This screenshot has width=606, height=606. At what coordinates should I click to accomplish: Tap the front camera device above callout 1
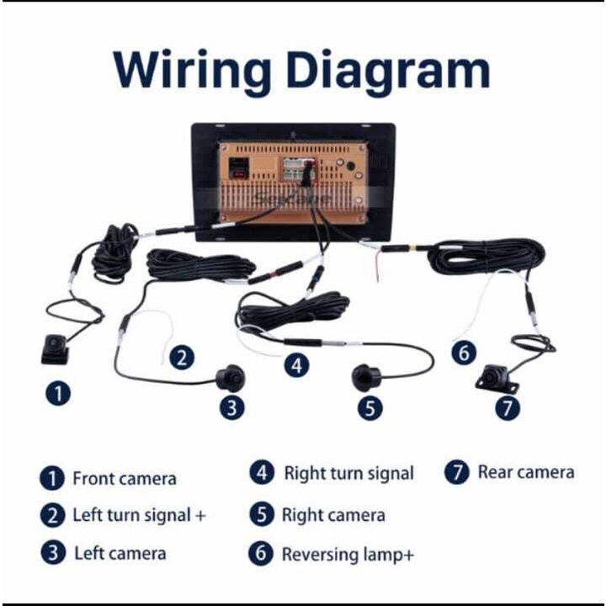coord(55,349)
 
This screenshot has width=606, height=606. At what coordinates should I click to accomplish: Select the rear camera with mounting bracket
coord(497,377)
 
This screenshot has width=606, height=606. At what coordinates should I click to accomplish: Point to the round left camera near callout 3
coord(231,378)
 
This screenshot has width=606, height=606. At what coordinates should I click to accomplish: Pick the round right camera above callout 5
coord(366,377)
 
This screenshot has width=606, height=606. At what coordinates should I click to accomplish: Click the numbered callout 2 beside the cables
coord(182,357)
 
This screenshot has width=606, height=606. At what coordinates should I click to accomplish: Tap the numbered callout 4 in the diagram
coord(297,365)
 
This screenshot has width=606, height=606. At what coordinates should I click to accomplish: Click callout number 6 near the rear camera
coord(464,353)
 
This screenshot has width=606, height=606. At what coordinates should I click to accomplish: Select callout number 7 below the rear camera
coord(508,407)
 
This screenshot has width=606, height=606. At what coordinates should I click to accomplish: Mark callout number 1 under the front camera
coord(58,393)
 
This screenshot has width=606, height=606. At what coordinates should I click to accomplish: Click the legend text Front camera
coord(125,478)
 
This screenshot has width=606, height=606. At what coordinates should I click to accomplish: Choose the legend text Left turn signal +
coord(140,515)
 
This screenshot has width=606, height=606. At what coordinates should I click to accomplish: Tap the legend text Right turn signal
coord(349,473)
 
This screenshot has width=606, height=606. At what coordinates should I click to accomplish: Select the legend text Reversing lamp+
coord(348,555)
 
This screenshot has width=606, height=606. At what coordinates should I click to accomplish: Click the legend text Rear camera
coord(526,472)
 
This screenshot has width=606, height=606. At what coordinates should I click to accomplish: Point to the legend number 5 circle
coord(262,514)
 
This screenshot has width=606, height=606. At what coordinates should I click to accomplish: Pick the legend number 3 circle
coord(53,553)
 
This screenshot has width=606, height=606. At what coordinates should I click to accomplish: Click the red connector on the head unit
coord(238,173)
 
